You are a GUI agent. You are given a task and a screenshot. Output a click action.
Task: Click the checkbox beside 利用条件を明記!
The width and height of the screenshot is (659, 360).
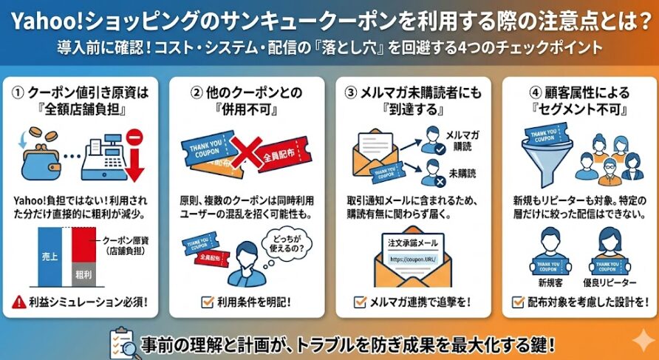207,302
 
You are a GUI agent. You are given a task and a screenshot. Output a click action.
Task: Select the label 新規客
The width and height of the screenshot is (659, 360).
545,282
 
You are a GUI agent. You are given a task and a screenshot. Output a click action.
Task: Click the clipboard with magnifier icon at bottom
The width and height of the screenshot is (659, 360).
121,342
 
